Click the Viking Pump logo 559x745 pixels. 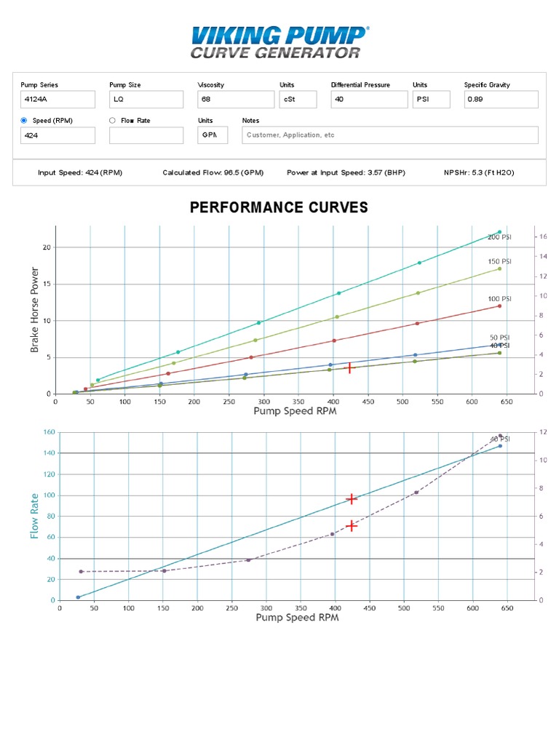(279, 42)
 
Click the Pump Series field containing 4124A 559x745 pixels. (58, 99)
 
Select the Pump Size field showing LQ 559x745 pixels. (146, 99)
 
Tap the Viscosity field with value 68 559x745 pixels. (235, 99)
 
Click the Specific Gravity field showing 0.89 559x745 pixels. (501, 99)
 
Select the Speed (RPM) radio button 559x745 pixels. (24, 121)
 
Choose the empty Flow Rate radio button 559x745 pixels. (112, 121)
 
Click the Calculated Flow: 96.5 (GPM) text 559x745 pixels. (213, 173)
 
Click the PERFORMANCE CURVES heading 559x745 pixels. (279, 208)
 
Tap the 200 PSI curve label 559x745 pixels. (500, 238)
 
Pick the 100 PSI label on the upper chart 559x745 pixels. (500, 299)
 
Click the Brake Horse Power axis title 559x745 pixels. (34, 309)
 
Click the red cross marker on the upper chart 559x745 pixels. (349, 368)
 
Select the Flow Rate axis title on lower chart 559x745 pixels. (34, 516)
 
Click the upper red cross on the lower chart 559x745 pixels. (352, 499)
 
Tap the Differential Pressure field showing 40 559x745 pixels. (368, 99)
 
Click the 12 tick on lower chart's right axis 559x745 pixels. (542, 432)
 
